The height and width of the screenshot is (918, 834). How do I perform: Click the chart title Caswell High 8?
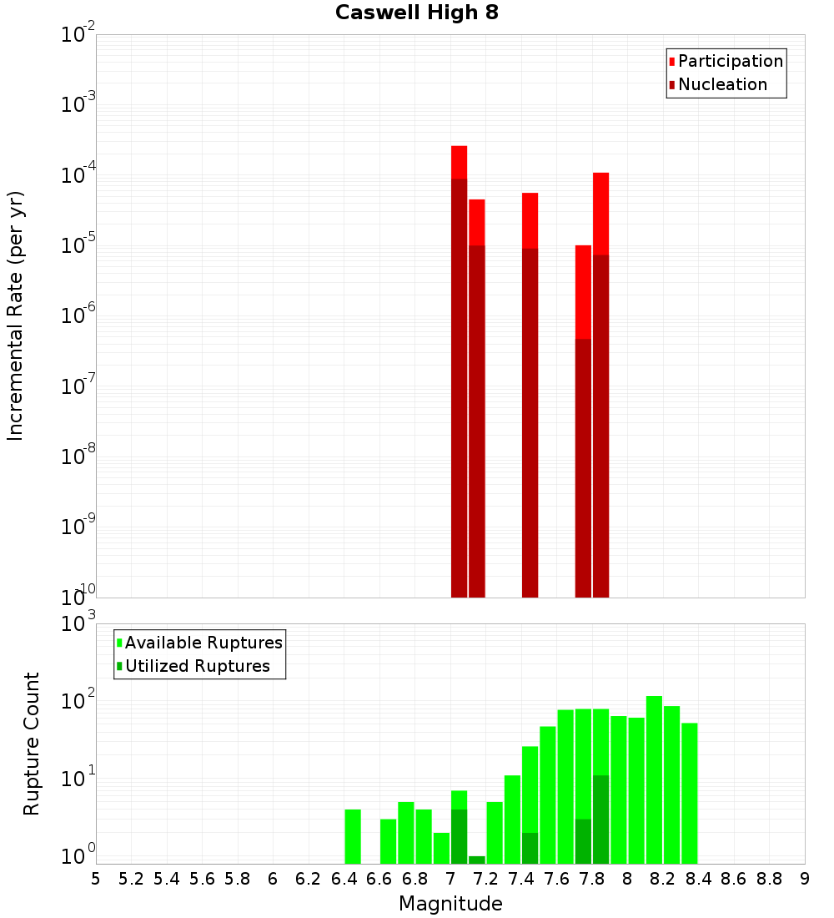[417, 13]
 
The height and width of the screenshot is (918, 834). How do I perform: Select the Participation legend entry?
[731, 61]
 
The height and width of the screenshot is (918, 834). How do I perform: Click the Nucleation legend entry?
[722, 84]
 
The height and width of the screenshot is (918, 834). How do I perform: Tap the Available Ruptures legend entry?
[203, 643]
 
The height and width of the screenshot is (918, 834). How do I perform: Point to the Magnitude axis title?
[450, 904]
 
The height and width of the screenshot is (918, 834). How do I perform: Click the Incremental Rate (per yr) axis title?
[16, 315]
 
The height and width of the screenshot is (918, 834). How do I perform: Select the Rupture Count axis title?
[32, 744]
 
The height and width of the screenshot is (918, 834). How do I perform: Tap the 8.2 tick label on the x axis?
[663, 879]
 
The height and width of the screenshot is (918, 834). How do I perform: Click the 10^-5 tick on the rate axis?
[78, 245]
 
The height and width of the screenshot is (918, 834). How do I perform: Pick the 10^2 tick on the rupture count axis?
[78, 699]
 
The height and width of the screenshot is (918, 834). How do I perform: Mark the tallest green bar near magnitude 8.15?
[654, 779]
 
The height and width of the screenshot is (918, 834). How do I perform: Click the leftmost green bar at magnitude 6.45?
[353, 836]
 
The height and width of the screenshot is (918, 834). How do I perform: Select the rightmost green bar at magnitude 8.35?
[689, 793]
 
